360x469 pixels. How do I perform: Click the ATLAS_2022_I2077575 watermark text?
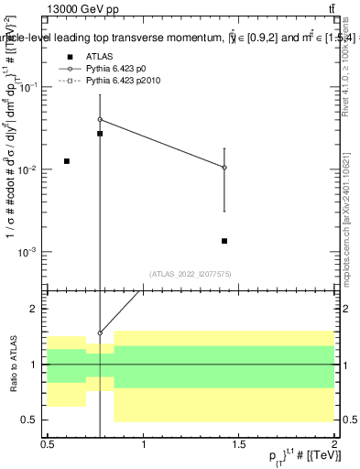click(x=191, y=274)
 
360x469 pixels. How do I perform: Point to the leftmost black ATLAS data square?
click(x=67, y=161)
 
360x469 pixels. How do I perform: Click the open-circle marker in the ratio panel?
click(x=100, y=333)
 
